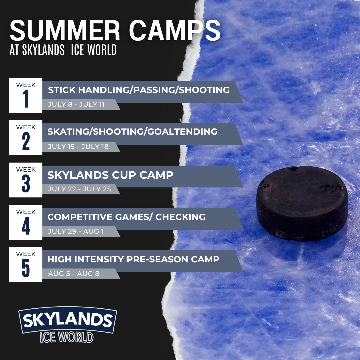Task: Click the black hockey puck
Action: [302, 203]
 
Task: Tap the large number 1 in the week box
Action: [26, 99]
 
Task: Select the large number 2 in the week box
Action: [26, 141]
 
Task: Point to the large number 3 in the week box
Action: [26, 183]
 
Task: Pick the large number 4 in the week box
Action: [26, 226]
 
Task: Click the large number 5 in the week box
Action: [26, 268]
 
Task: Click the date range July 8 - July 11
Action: [76, 104]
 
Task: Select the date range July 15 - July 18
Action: [78, 147]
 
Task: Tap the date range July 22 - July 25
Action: [79, 189]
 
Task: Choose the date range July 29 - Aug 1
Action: [76, 231]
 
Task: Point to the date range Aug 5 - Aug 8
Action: [74, 273]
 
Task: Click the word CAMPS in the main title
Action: [175, 30]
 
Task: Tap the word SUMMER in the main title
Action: [65, 30]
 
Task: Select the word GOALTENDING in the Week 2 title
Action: [182, 132]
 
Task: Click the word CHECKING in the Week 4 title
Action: [180, 217]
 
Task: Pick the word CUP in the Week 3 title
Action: [124, 175]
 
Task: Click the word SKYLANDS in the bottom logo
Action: [68, 320]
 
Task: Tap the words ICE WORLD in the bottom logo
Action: [67, 337]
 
